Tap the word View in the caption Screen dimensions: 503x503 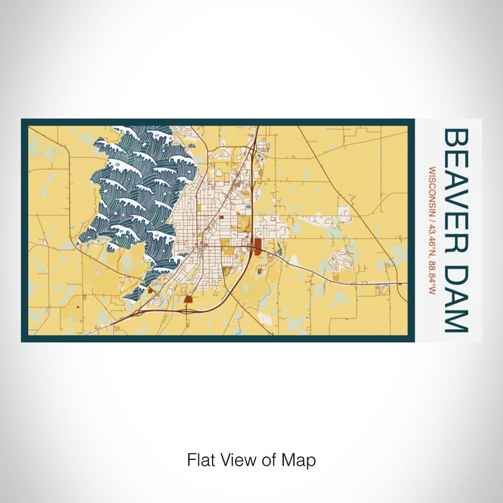[x=238, y=459]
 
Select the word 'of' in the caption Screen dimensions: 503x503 [x=269, y=459]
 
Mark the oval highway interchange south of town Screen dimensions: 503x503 [x=188, y=310]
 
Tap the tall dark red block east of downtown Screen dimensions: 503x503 [x=256, y=248]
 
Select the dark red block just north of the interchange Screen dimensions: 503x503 [x=188, y=299]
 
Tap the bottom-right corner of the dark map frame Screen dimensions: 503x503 [x=414, y=340]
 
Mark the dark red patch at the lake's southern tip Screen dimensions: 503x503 [x=151, y=290]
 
